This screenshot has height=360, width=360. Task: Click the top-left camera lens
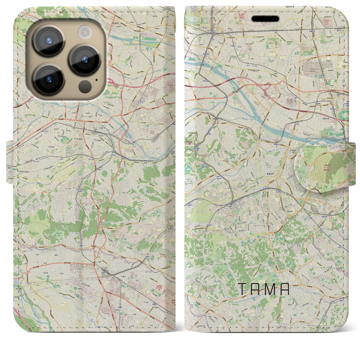coord(49,41)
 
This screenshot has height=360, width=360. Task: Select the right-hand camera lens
coord(85,59)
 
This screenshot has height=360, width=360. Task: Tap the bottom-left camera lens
coord(49,79)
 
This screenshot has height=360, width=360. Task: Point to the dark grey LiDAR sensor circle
coord(85,87)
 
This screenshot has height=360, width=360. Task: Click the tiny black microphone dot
coord(96,80)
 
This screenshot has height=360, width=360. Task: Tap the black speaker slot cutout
coord(265,19)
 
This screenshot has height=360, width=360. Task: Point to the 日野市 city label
coord(215,119)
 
